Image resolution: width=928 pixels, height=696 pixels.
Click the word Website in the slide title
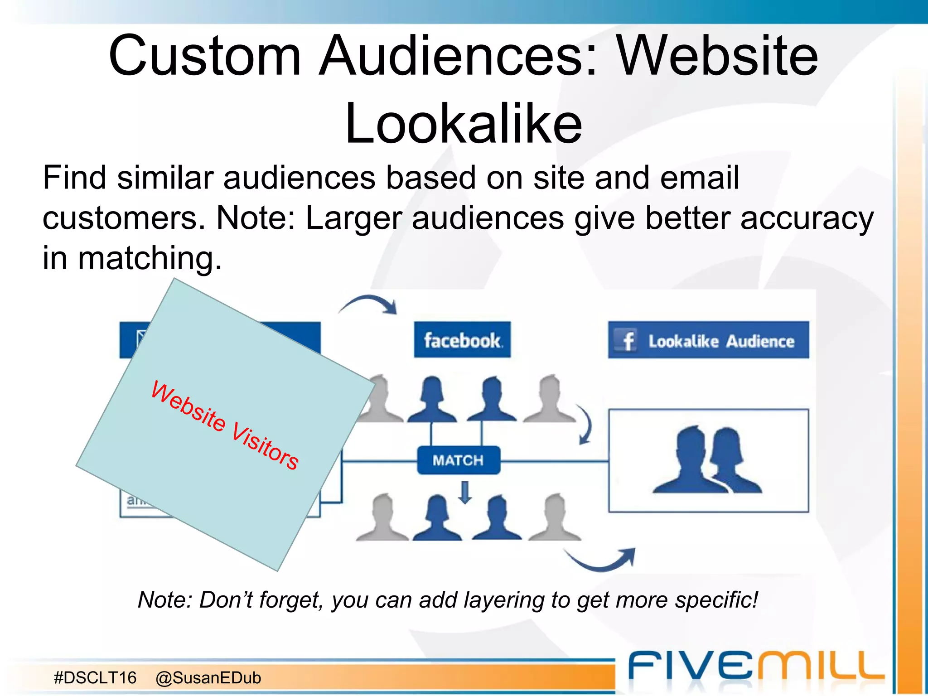pos(718,56)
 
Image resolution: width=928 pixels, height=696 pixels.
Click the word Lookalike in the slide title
pos(463,123)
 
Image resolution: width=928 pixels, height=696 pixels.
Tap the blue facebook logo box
pos(462,340)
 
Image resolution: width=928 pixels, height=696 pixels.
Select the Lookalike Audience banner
pos(708,340)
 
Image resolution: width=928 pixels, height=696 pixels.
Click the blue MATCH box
pos(458,460)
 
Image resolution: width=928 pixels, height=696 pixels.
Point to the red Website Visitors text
pos(225,425)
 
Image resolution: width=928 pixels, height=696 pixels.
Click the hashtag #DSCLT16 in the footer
pos(95,678)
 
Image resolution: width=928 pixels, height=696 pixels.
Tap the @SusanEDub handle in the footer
pos(208,678)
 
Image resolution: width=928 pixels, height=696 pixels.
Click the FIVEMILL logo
pos(756,666)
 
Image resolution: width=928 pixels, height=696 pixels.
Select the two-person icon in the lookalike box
pos(708,460)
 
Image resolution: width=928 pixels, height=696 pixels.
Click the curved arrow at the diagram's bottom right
pos(601,559)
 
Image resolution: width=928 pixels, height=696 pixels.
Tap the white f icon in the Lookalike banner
pos(628,341)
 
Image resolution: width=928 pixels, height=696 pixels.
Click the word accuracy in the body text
pos(807,218)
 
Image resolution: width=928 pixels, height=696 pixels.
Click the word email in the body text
pos(700,178)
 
